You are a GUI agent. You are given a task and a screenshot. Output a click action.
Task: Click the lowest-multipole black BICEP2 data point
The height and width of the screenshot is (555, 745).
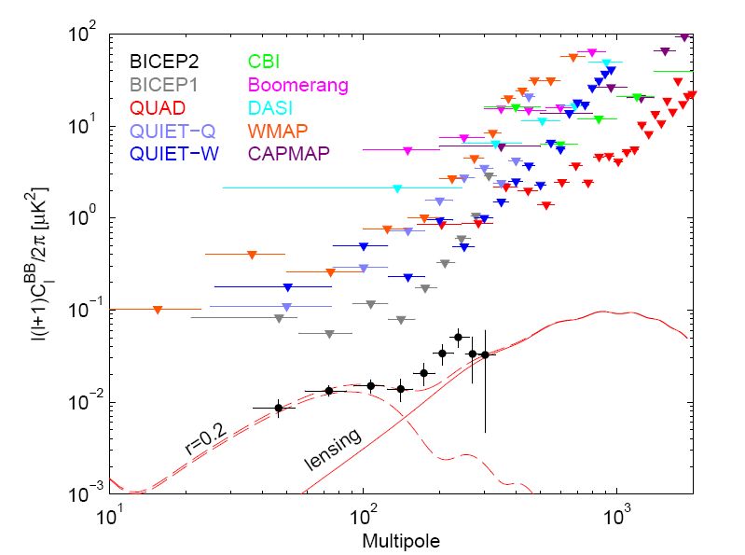point(278,408)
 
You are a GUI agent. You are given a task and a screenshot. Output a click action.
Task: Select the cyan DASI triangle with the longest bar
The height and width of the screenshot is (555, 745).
point(397,188)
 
